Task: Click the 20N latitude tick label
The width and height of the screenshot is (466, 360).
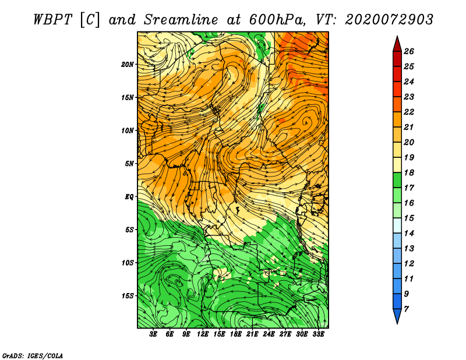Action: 127,65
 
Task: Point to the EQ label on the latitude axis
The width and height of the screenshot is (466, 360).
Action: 129,197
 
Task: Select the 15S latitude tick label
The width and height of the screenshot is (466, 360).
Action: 127,296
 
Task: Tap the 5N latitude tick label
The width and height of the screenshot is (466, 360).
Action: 129,164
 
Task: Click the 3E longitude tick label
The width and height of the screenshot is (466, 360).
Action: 153,334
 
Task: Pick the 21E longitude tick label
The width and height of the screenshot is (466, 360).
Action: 252,334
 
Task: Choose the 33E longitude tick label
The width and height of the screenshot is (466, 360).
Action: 318,334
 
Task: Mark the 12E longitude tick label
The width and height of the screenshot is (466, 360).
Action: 203,334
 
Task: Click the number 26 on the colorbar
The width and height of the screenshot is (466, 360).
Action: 409,51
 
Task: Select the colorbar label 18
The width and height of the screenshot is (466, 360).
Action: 409,172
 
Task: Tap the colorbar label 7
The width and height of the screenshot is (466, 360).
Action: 406,309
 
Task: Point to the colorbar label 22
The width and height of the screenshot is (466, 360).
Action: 409,112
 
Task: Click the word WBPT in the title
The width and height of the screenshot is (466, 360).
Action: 52,20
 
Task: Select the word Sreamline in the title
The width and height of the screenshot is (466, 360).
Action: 181,20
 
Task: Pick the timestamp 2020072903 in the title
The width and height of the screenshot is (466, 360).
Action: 389,20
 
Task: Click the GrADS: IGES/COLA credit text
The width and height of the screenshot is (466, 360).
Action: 33,356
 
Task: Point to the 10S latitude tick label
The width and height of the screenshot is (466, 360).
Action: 127,263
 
